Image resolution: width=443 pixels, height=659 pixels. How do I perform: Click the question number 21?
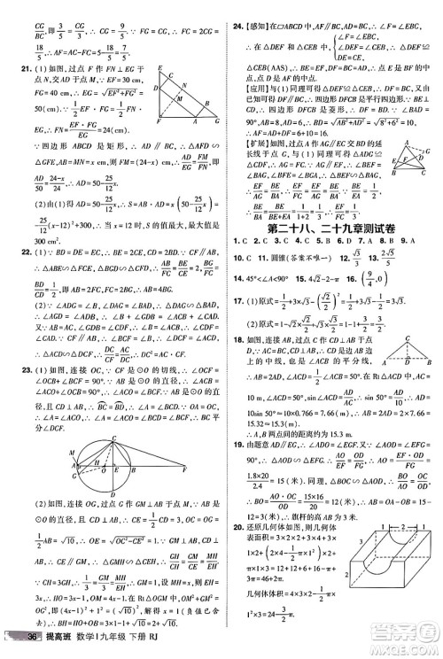click(x=12, y=66)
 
